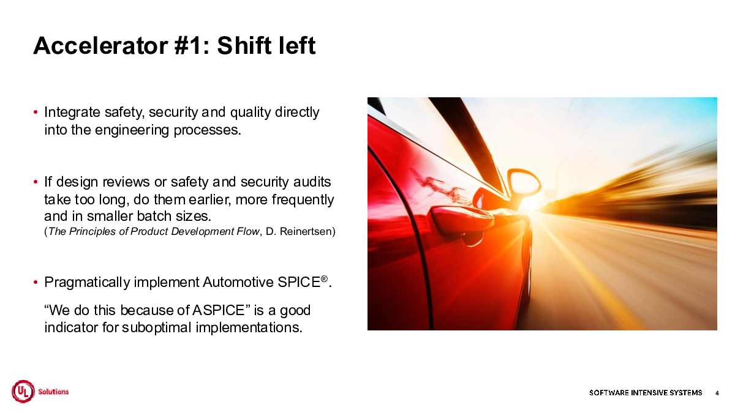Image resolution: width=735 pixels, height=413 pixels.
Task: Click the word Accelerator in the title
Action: click(100, 45)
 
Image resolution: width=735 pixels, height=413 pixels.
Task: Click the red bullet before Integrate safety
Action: click(36, 113)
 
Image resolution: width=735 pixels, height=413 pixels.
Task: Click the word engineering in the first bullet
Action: click(132, 130)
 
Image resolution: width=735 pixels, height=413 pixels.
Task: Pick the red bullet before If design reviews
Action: click(36, 182)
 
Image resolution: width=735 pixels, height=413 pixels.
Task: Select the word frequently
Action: click(303, 200)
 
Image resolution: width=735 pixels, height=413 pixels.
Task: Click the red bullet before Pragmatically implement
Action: click(36, 282)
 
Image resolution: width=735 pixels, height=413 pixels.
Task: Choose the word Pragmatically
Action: click(87, 283)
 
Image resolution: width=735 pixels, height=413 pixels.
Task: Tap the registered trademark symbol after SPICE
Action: click(324, 278)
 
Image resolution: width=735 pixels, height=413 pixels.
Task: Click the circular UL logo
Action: click(23, 392)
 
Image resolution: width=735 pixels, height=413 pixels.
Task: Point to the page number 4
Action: click(717, 393)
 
